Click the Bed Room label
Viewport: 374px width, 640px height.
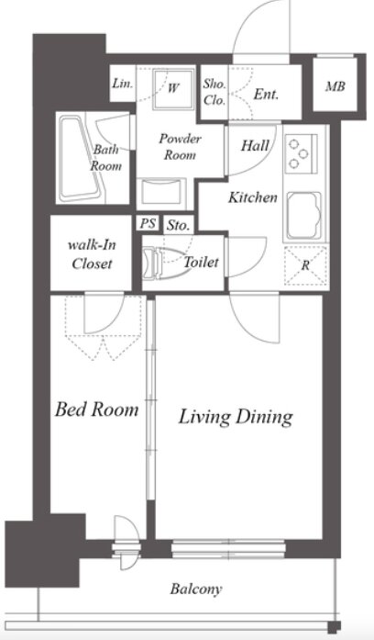click(x=96, y=410)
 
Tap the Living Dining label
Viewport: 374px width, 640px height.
click(x=236, y=417)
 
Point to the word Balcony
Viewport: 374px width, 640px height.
click(x=196, y=589)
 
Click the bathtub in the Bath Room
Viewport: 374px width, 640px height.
click(x=82, y=159)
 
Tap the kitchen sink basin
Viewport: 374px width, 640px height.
click(x=304, y=216)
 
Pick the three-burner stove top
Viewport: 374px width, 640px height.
click(x=301, y=153)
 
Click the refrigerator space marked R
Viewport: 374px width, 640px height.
click(x=305, y=265)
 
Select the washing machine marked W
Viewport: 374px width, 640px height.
click(x=173, y=89)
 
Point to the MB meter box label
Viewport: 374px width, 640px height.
click(x=335, y=86)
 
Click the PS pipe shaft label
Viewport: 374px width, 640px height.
click(x=148, y=223)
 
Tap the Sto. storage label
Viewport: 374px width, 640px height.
click(x=178, y=225)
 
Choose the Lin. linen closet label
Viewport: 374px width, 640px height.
click(x=122, y=84)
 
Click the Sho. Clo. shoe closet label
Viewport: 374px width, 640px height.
click(x=214, y=92)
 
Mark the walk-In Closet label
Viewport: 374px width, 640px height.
click(x=92, y=254)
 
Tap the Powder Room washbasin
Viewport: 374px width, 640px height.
click(x=161, y=195)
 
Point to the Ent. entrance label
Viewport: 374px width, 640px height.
click(x=266, y=95)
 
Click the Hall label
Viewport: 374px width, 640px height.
click(x=255, y=145)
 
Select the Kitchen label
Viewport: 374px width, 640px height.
click(x=253, y=197)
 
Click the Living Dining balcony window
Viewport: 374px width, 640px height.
click(x=228, y=548)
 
